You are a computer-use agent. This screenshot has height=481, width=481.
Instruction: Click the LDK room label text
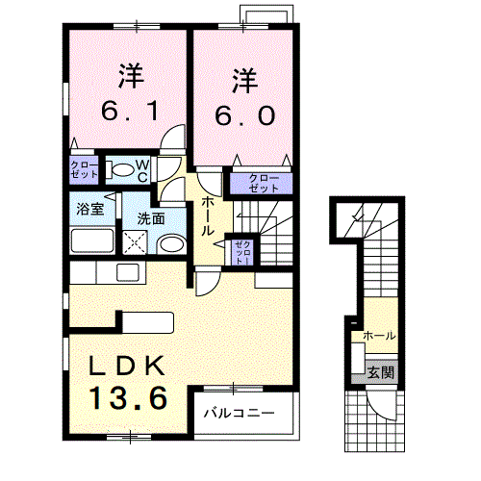[x=127, y=366]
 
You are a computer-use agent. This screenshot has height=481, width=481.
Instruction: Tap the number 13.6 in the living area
[x=129, y=398]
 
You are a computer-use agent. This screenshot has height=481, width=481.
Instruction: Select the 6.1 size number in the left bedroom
[x=130, y=111]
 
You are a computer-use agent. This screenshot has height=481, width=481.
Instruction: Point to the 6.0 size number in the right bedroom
[x=244, y=115]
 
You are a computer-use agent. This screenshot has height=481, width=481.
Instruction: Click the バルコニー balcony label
[x=240, y=413]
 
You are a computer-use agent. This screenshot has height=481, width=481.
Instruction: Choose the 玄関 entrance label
[x=380, y=372]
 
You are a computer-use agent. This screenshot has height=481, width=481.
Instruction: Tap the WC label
[x=142, y=171]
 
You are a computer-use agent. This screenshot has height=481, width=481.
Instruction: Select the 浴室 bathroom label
[x=90, y=209]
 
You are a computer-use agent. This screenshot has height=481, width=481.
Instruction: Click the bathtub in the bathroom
[x=92, y=240]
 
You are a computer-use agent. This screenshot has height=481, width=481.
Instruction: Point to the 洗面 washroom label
[x=151, y=218]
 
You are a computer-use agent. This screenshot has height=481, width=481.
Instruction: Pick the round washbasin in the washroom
[x=171, y=244]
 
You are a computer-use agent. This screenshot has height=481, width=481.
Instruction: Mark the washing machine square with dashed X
[x=135, y=242]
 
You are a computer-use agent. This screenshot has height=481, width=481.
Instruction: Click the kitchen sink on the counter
[x=128, y=273]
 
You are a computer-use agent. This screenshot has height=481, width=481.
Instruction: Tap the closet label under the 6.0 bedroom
[x=264, y=183]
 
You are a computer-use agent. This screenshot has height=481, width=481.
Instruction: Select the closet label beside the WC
[x=84, y=169]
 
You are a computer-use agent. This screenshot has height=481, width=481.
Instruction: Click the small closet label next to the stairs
[x=242, y=253]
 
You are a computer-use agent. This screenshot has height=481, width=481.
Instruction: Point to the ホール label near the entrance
[x=379, y=336]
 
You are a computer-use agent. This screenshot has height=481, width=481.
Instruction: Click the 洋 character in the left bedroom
[x=131, y=76]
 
